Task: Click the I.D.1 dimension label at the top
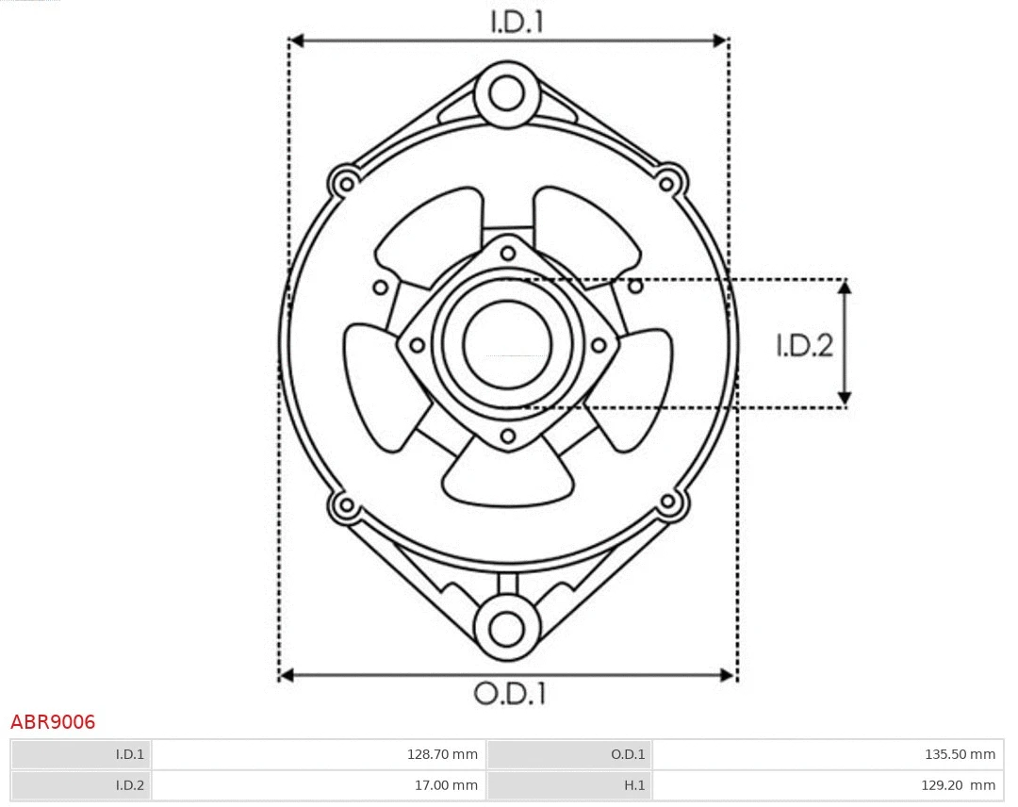click(517, 23)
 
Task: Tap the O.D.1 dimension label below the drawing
click(510, 694)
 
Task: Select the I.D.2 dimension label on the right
click(804, 346)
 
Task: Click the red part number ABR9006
click(53, 722)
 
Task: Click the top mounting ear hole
click(507, 94)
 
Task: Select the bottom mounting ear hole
click(507, 627)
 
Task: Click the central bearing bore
click(507, 343)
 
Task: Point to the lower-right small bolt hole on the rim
click(669, 502)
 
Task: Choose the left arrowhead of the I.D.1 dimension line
click(295, 41)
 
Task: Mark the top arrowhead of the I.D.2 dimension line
click(846, 287)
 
